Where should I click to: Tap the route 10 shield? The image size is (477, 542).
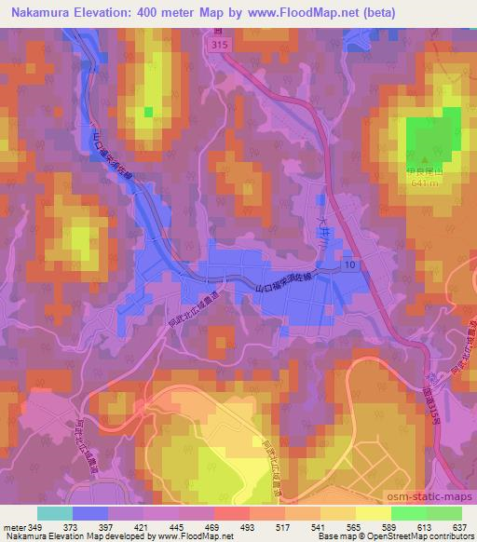click(350, 266)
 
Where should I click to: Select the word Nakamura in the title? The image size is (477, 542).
click(37, 12)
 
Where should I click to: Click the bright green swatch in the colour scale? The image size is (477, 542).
click(409, 513)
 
